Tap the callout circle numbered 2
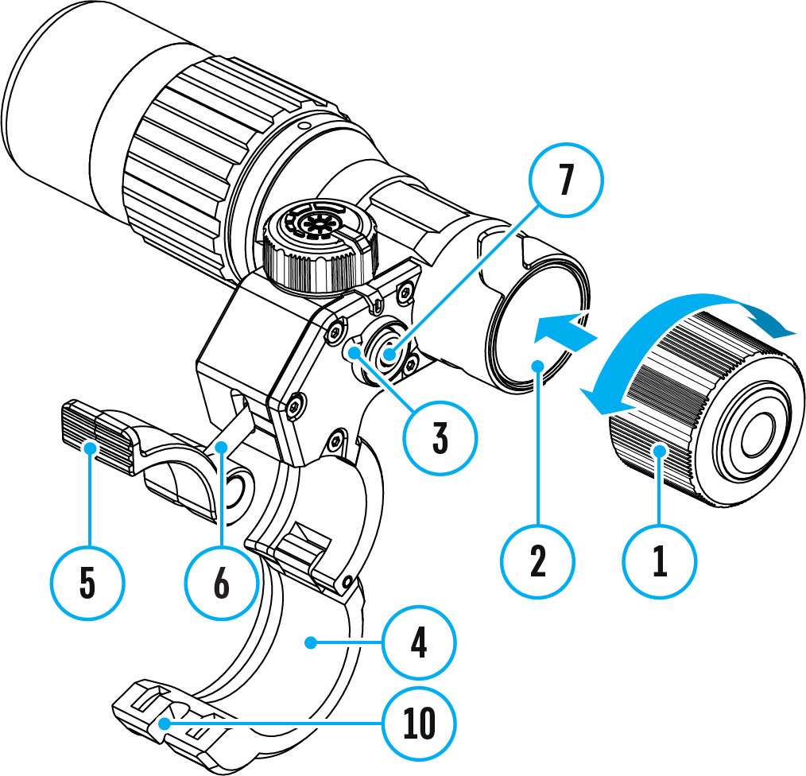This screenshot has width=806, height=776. point(538,563)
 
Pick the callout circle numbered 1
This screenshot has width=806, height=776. point(659,562)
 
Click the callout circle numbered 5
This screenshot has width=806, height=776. point(87,583)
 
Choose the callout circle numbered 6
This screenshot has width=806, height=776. point(222,583)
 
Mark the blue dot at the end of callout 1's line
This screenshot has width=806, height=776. point(659,452)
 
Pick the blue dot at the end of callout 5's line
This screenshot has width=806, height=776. point(88,447)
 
